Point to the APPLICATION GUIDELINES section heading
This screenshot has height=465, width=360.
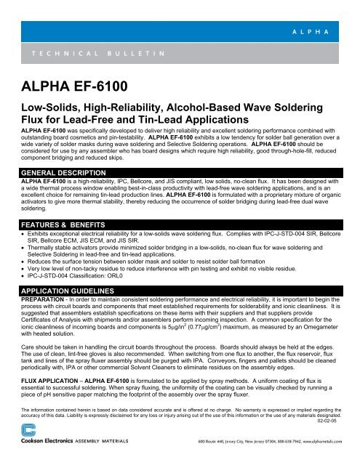68,289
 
